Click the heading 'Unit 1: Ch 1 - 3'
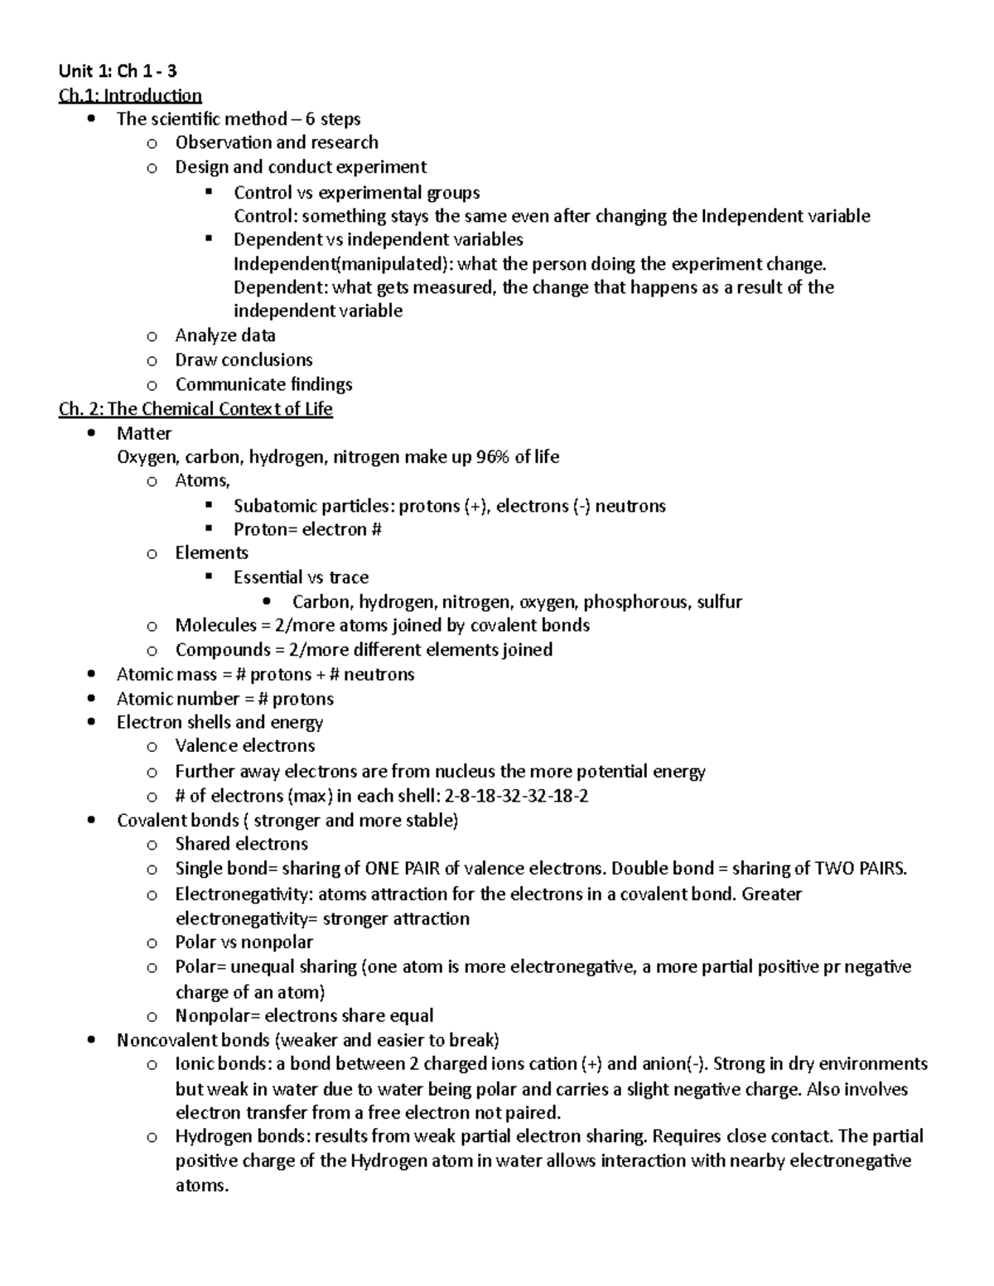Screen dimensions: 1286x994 click(117, 71)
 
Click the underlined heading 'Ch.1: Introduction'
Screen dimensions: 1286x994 click(130, 95)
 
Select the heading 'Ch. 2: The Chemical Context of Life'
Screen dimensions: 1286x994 click(195, 408)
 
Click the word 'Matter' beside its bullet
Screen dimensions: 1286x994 click(144, 433)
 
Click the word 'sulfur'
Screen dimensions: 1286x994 click(719, 601)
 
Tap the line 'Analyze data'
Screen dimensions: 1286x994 click(225, 335)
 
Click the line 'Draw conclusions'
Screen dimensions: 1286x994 click(244, 359)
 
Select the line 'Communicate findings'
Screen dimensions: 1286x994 click(263, 384)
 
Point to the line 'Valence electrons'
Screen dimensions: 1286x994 click(245, 745)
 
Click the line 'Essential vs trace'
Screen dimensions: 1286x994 click(301, 577)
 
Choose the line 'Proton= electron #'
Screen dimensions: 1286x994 click(307, 529)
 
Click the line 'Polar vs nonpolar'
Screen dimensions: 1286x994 click(244, 942)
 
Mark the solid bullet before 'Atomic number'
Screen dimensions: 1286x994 click(92, 698)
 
